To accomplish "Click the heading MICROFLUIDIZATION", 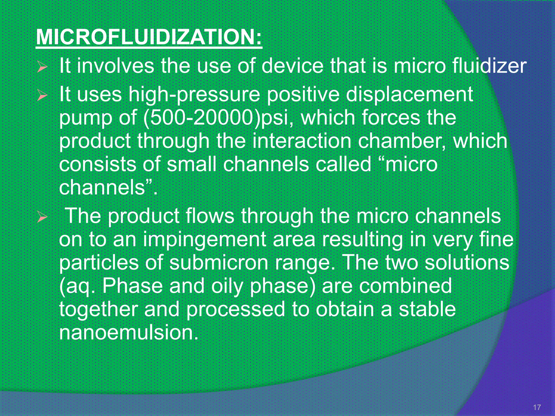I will click(149, 37).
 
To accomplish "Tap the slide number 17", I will click(537, 407).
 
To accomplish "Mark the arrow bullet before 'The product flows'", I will click(43, 217).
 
